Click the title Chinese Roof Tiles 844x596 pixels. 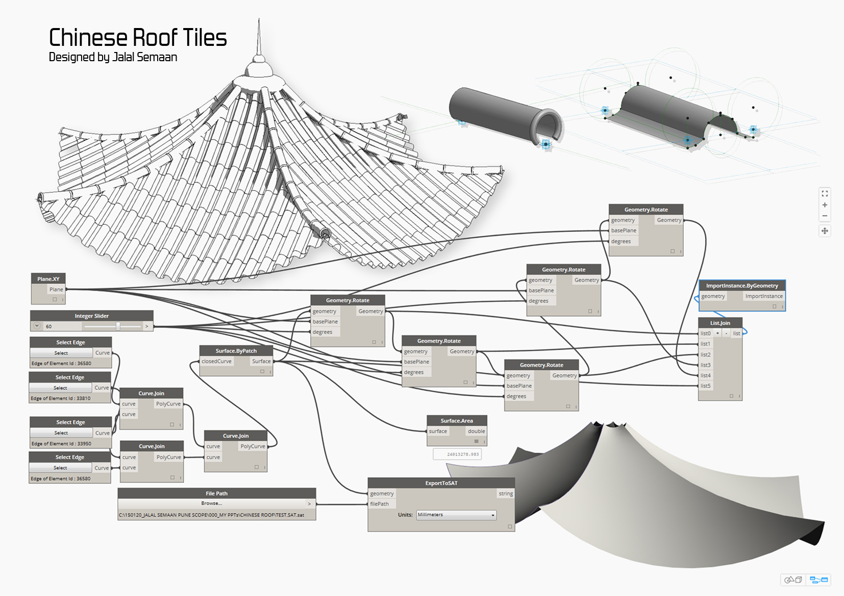(x=138, y=38)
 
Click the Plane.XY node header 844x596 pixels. (x=48, y=279)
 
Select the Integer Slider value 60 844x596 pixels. (x=49, y=326)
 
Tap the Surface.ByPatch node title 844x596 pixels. (x=236, y=351)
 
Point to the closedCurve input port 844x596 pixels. (x=216, y=361)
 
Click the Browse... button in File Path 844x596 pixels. (x=211, y=503)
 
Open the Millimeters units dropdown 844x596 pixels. (x=456, y=515)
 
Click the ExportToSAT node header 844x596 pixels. (x=441, y=483)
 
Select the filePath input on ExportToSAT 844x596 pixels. (x=380, y=504)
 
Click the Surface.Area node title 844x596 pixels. (x=457, y=421)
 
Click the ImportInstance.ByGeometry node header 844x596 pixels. (x=742, y=286)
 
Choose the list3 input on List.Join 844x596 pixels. (x=705, y=365)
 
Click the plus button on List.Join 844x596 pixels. (x=717, y=333)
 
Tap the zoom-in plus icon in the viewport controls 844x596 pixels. (x=825, y=205)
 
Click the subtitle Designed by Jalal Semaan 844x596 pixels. (x=113, y=57)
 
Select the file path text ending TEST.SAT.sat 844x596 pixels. (x=211, y=515)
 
